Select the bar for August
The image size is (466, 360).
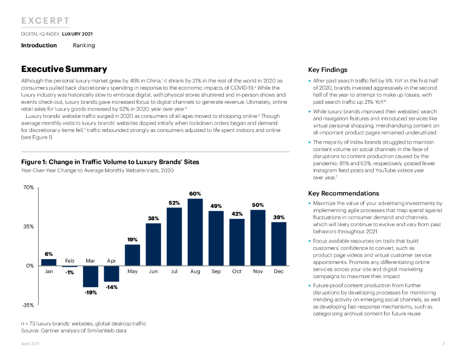coord(195,232)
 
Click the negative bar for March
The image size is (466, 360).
coord(91,276)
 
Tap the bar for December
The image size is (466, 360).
coord(279,243)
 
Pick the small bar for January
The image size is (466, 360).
coord(49,262)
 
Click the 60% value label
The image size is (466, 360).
coord(195,194)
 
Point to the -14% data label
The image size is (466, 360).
coord(111,287)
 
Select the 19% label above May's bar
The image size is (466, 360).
coord(132,239)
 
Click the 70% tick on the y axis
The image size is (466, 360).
coord(28,187)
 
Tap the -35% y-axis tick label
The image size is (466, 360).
coord(28,305)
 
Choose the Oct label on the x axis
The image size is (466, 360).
coord(237,272)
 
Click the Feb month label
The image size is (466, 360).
coord(70,261)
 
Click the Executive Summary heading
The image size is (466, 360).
coord(64,69)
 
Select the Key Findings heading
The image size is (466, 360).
coord(328,70)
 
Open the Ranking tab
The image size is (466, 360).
coord(84,45)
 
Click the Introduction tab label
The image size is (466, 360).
coord(39,45)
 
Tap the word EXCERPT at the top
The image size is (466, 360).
coord(46,21)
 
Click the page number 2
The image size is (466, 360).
coord(443,344)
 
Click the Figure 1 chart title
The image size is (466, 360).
coord(110,162)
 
